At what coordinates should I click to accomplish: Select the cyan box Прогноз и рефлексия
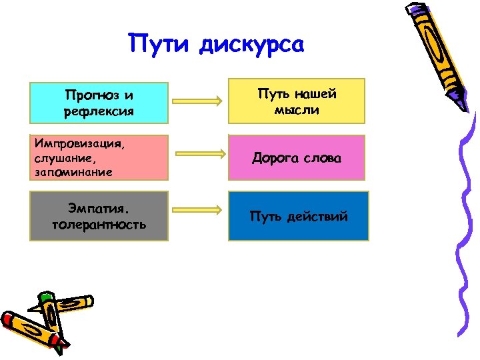99,102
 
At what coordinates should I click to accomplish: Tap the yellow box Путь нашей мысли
297,101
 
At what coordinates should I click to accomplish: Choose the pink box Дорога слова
297,158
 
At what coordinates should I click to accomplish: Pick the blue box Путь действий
298,216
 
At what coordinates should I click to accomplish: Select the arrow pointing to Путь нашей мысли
197,101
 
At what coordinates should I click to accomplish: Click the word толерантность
99,224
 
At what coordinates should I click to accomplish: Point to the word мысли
297,109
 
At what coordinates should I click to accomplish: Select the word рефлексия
99,111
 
